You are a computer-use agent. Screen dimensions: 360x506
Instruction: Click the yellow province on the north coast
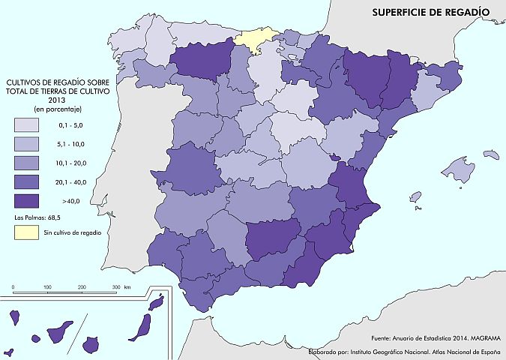tap(256, 40)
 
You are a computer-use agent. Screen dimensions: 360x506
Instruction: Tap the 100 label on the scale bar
tap(47, 287)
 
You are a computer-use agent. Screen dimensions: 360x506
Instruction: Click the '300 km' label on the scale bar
tap(121, 287)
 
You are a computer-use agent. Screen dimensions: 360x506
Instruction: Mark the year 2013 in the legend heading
tap(57, 99)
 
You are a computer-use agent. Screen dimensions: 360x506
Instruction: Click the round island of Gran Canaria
tap(91, 344)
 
